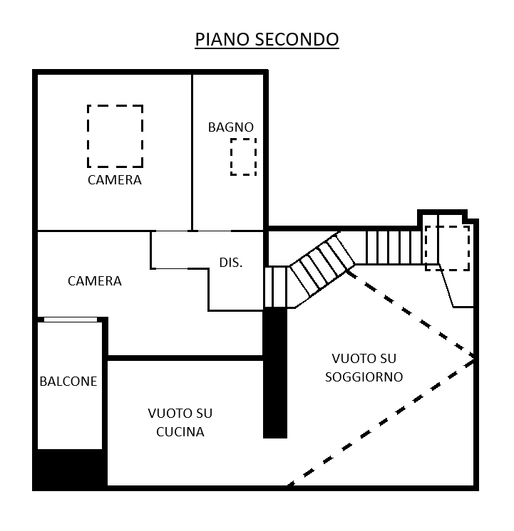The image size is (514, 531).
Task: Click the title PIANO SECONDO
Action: pyautogui.click(x=267, y=39)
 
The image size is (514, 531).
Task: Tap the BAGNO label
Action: pyautogui.click(x=231, y=127)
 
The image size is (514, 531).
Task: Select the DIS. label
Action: pyautogui.click(x=231, y=263)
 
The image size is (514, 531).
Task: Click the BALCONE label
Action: pyautogui.click(x=68, y=382)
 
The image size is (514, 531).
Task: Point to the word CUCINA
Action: pyautogui.click(x=180, y=432)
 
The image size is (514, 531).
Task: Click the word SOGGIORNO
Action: pyautogui.click(x=364, y=377)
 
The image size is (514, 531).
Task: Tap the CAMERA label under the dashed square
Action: pyautogui.click(x=115, y=180)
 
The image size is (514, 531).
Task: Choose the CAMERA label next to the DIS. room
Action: pyautogui.click(x=95, y=280)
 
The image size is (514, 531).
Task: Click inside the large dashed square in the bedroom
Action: pyautogui.click(x=115, y=136)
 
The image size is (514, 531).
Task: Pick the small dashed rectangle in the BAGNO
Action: pyautogui.click(x=243, y=157)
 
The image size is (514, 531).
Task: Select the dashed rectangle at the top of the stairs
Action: pyautogui.click(x=448, y=248)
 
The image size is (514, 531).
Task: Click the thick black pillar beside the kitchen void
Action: pyautogui.click(x=275, y=373)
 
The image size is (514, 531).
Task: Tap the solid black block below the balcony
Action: pyautogui.click(x=70, y=469)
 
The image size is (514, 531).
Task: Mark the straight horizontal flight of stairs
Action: pyautogui.click(x=394, y=247)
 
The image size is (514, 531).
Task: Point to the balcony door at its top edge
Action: pyautogui.click(x=71, y=320)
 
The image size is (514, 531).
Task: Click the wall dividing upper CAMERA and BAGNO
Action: pyautogui.click(x=192, y=152)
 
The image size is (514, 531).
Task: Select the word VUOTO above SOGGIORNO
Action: pyautogui.click(x=364, y=358)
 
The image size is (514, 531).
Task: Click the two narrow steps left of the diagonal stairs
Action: pyautogui.click(x=276, y=287)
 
